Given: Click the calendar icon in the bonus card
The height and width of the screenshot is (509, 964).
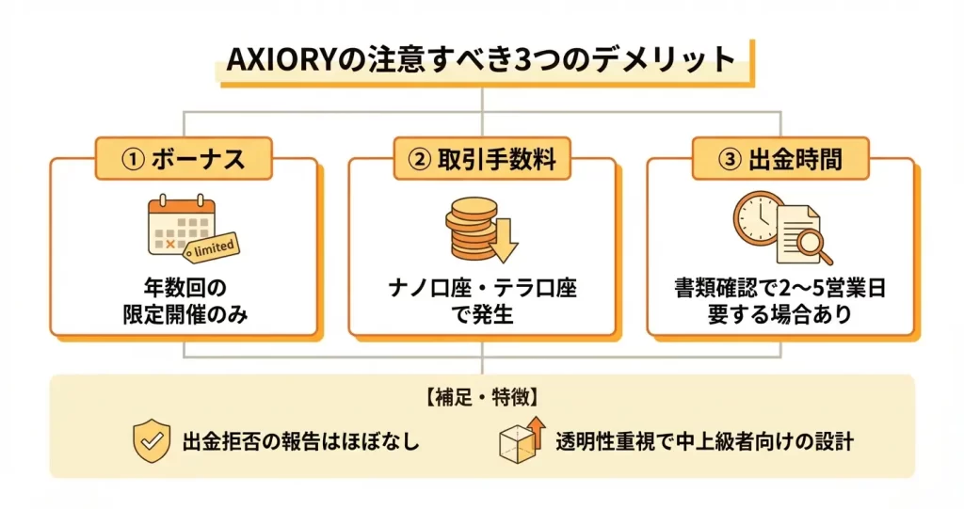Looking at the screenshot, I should [180, 226].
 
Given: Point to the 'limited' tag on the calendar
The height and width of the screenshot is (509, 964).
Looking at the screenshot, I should [212, 247].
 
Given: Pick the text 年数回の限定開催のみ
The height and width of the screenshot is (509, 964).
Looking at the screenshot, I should [183, 300].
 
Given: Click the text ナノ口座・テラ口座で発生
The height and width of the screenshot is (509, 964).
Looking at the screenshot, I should [482, 300].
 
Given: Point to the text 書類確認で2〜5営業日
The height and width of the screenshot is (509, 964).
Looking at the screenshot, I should [780, 288].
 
